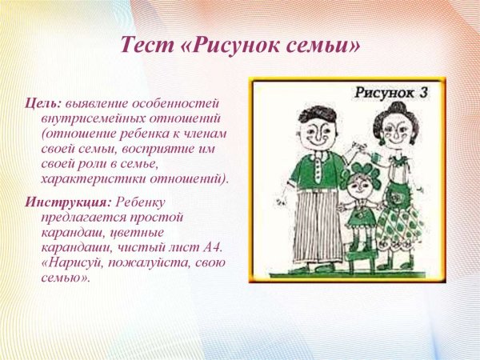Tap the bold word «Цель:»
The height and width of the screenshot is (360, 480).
41,105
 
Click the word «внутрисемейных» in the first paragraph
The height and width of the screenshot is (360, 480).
95,120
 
